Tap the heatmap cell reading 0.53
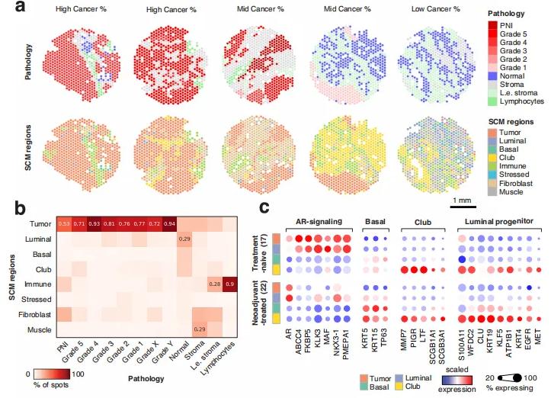[64, 223]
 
